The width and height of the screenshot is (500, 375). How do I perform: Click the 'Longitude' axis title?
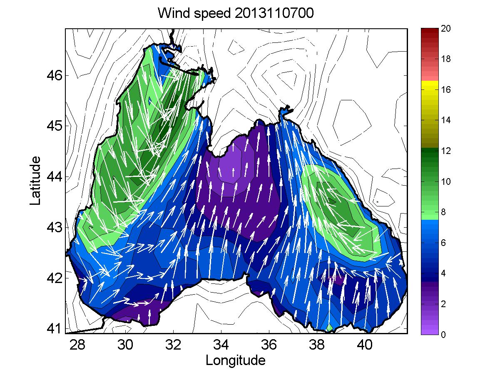click(236, 360)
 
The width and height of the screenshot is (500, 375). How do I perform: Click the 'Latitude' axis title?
click(36, 181)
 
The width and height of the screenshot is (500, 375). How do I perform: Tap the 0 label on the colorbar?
click(444, 334)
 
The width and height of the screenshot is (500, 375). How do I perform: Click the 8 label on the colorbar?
click(444, 212)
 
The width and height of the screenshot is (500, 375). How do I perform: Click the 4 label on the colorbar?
click(444, 273)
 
